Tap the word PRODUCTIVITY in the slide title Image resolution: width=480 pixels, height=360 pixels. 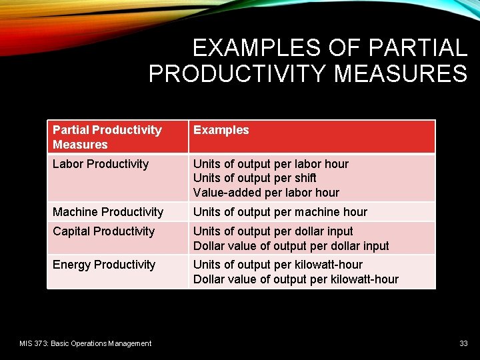point(238,73)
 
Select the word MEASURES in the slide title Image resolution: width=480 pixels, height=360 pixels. point(401,73)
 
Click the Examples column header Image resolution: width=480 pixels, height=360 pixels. point(221,130)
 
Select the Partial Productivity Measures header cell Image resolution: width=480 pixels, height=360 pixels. point(107,137)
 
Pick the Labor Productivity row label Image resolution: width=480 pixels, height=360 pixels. point(100,164)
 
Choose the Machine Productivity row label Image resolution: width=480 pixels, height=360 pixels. point(107,212)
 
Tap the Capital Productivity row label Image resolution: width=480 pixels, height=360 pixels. point(103,231)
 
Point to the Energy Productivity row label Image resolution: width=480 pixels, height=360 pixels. point(103,265)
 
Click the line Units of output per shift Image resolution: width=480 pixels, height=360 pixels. point(255,178)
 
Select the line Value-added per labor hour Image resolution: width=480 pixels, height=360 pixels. point(266,193)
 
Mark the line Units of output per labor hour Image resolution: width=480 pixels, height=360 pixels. point(271,164)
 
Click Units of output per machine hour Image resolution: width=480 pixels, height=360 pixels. point(280,212)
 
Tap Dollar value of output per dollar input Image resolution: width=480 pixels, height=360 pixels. point(291,246)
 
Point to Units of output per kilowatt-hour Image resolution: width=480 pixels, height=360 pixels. point(278,265)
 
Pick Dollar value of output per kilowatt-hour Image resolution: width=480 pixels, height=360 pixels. point(295,279)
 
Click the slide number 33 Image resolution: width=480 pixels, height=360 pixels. point(463,343)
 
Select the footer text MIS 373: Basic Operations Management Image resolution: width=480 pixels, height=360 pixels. point(85,343)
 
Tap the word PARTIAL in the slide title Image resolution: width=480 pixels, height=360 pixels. point(417,48)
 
